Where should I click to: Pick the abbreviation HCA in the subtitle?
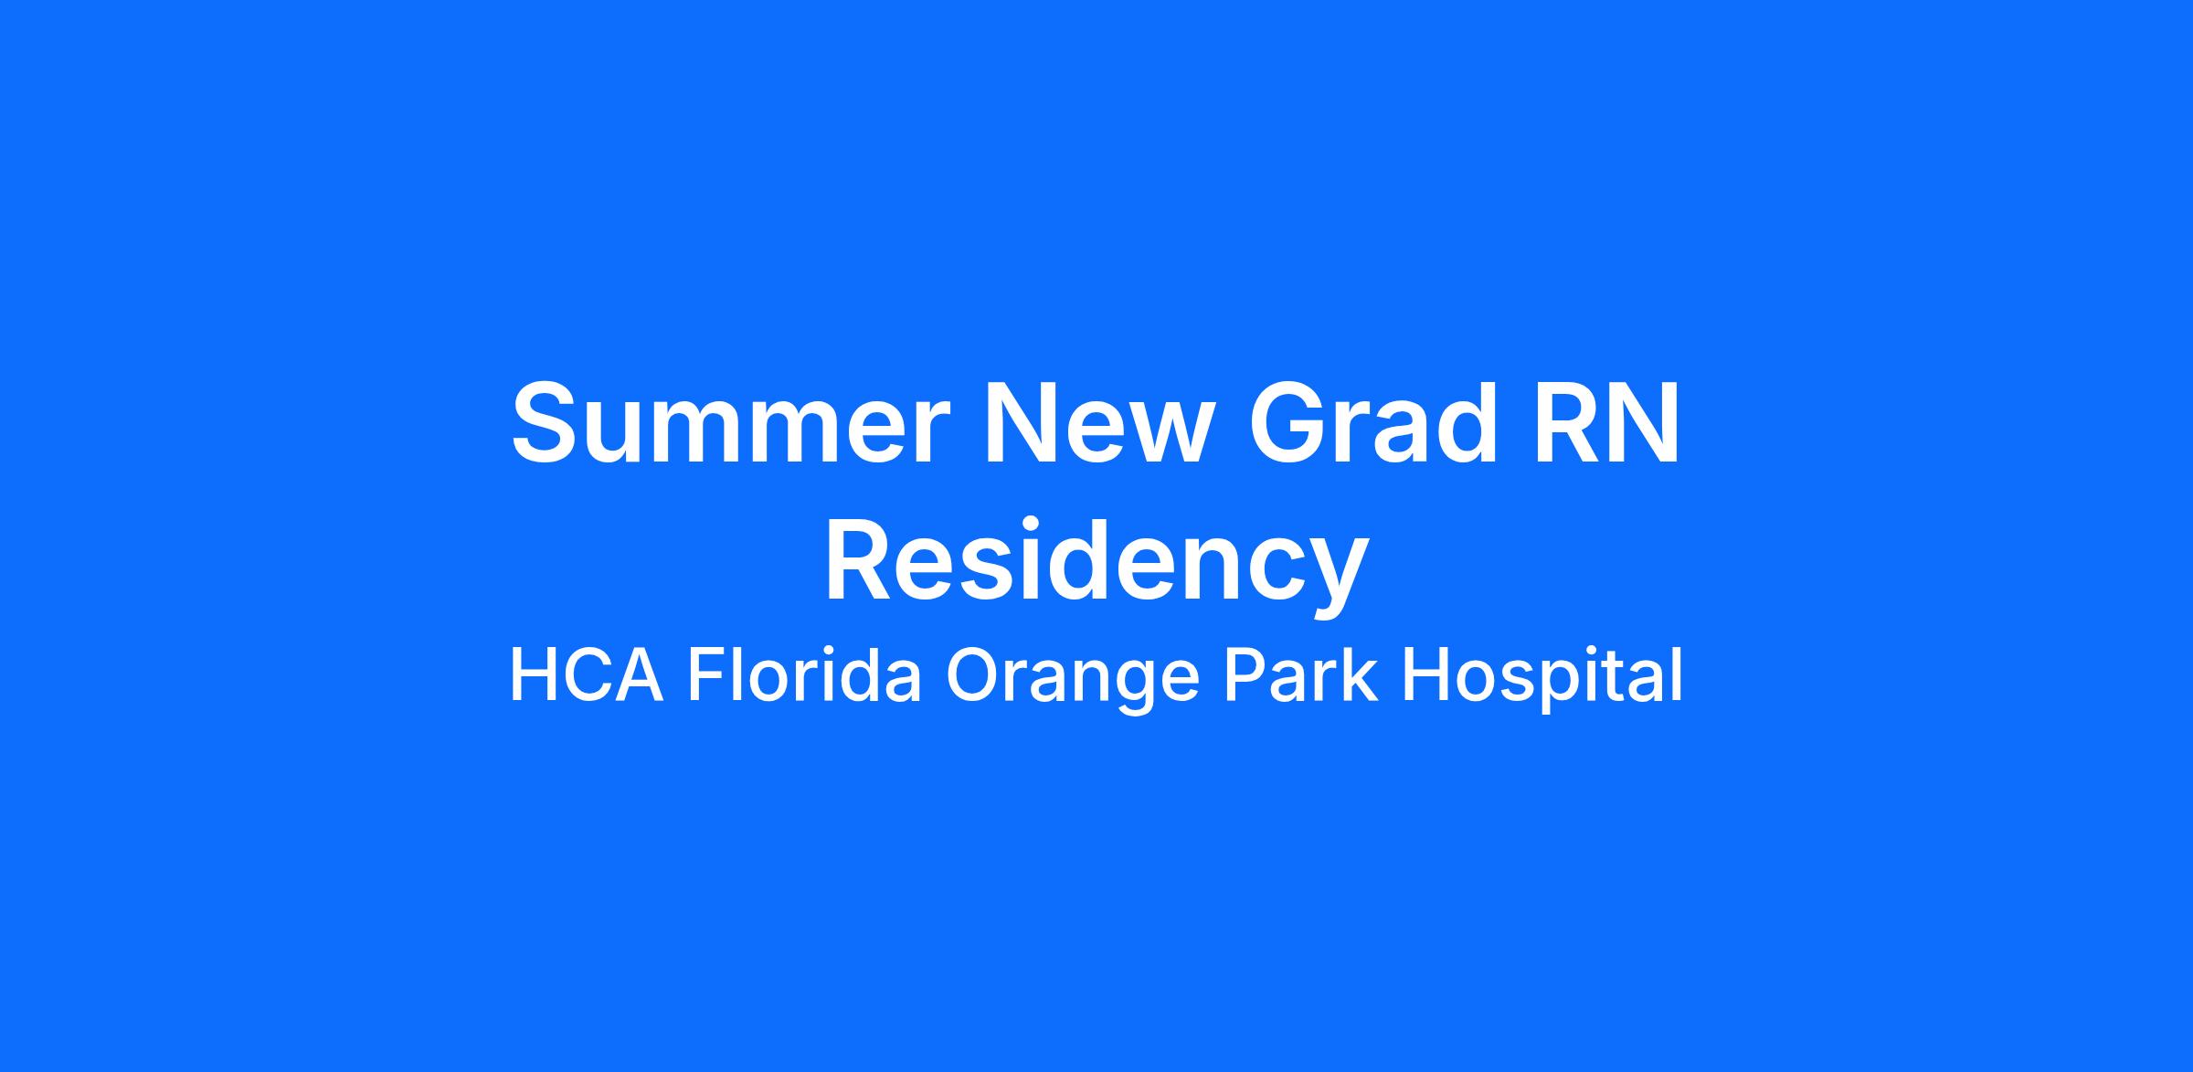[x=586, y=675]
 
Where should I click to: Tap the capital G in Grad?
[x=1288, y=422]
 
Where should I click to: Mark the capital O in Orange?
[x=976, y=675]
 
